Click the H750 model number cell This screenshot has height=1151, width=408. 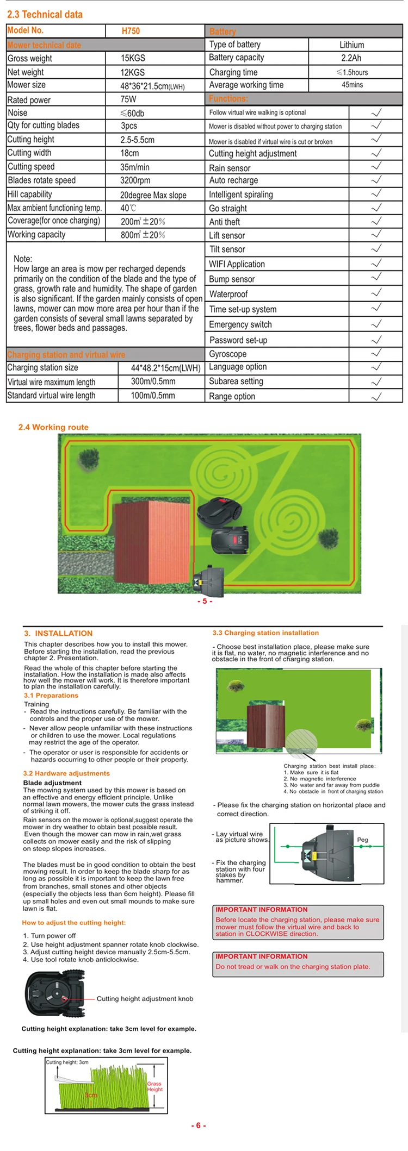tap(131, 31)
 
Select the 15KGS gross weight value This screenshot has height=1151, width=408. tap(133, 58)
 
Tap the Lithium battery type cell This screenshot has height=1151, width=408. tap(352, 45)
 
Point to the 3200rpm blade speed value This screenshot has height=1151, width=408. tap(135, 180)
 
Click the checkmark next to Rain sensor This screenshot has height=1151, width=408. tap(376, 167)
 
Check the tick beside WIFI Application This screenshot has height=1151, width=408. tap(376, 264)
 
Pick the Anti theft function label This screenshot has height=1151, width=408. tap(225, 222)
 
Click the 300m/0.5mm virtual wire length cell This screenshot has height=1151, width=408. tap(153, 381)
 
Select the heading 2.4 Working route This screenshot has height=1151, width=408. tap(53, 427)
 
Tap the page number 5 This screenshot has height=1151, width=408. tap(205, 601)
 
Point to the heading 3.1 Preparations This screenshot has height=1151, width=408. tap(51, 696)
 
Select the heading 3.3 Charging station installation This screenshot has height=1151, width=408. tap(265, 633)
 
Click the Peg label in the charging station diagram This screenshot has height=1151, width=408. tap(362, 840)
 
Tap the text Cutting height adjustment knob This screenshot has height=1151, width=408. tap(145, 999)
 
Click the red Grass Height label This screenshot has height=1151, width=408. tap(154, 1086)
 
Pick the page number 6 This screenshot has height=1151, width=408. tap(199, 1125)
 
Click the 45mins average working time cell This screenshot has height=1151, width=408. tap(353, 85)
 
